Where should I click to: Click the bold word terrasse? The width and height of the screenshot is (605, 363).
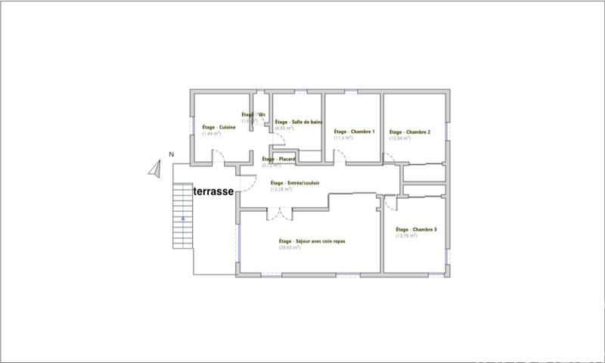[x=213, y=192]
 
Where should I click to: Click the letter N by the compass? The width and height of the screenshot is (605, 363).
[x=172, y=155]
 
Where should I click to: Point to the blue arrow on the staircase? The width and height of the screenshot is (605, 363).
[x=183, y=218]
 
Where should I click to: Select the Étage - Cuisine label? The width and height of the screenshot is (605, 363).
[x=219, y=127]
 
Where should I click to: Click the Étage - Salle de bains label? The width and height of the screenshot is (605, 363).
[x=298, y=122]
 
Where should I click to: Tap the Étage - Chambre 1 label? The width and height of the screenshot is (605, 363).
[x=355, y=132]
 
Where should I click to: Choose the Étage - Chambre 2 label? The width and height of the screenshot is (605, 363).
[x=410, y=132]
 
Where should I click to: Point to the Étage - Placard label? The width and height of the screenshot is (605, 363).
[x=278, y=159]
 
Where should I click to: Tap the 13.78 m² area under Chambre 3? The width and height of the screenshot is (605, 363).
[x=406, y=236]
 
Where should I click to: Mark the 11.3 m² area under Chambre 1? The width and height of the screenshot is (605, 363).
[x=344, y=138]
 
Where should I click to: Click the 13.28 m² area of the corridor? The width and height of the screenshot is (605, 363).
[x=281, y=189]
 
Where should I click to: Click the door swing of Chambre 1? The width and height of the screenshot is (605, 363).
[x=340, y=157]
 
